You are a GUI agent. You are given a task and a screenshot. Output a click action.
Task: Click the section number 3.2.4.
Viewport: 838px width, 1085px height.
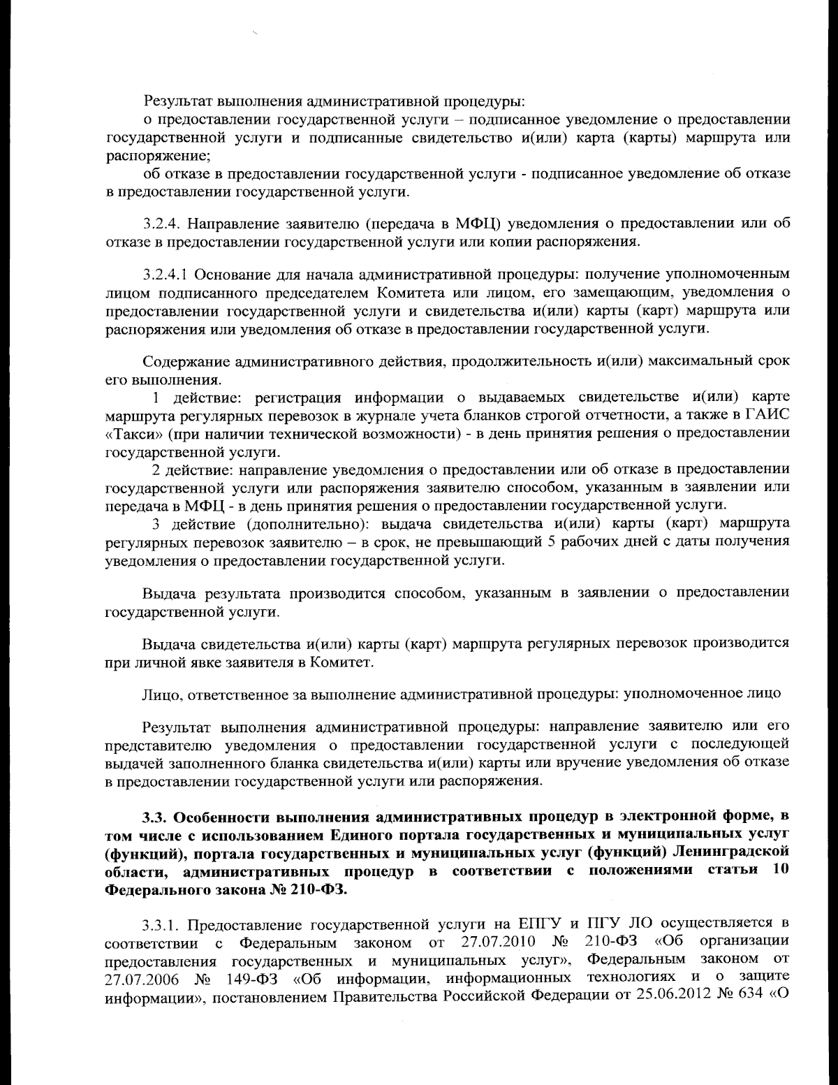(x=161, y=224)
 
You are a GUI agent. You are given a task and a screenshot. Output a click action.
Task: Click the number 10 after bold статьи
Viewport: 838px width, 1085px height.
(x=781, y=871)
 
